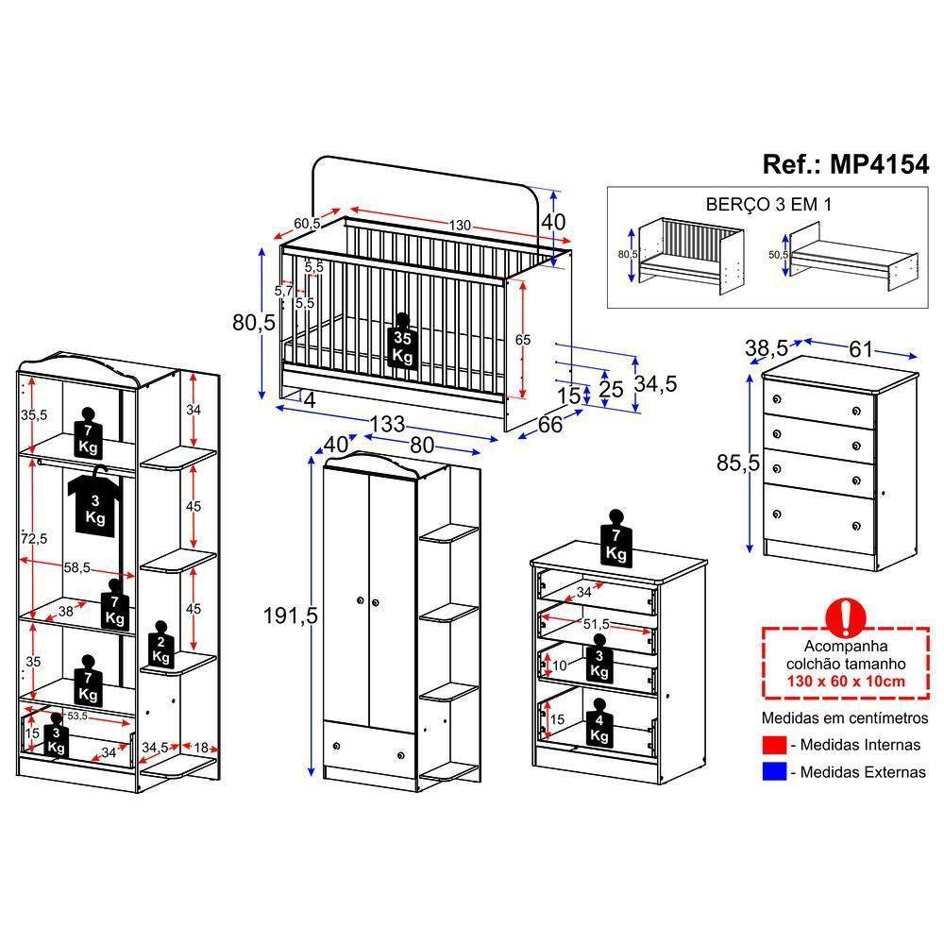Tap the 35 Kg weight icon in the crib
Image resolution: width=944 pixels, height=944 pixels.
403,346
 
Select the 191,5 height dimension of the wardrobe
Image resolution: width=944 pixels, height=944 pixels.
289,616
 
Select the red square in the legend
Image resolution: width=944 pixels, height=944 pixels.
773,745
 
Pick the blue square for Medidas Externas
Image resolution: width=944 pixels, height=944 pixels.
773,772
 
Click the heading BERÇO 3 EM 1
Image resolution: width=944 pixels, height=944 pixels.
767,204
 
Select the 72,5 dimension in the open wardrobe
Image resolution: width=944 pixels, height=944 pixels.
35,537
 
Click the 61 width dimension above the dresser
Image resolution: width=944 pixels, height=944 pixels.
861,348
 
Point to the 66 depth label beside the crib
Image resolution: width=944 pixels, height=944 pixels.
550,424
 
